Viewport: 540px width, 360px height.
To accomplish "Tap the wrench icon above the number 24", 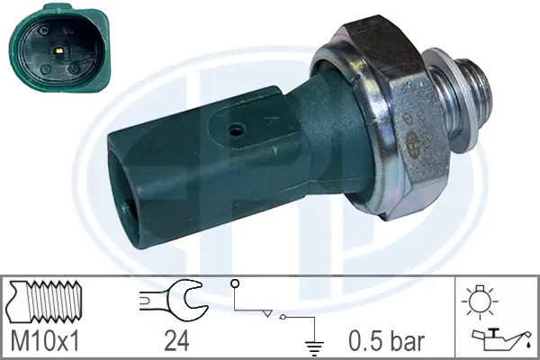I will click(174, 302).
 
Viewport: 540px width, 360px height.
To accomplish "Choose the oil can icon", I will click(490, 337).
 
